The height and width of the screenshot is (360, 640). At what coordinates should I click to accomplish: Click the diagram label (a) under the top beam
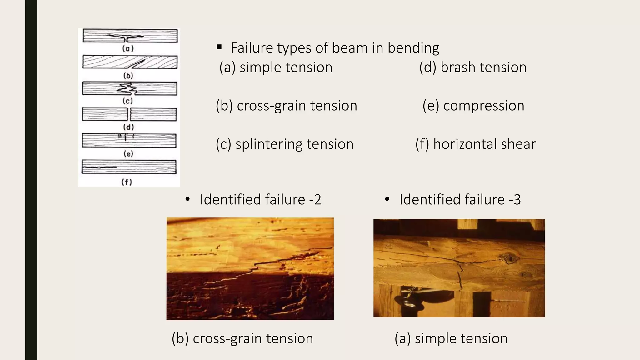128,48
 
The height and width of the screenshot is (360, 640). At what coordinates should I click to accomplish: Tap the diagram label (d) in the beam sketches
128,127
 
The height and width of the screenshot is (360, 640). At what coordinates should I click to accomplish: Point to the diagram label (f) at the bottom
127,182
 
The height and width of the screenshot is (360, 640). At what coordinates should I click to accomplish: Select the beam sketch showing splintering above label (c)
129,88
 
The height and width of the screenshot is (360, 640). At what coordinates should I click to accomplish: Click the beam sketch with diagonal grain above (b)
130,62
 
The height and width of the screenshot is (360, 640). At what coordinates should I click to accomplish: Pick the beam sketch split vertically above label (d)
129,114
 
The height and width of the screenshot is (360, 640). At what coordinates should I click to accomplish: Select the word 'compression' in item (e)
483,106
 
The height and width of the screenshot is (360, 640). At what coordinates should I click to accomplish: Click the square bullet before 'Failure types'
219,47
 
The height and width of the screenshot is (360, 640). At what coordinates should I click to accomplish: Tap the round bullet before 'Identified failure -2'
187,199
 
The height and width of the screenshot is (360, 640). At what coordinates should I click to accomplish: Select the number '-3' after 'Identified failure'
515,200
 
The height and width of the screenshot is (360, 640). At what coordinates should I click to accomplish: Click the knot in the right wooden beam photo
510,258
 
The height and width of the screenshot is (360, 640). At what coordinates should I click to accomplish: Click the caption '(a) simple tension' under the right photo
451,338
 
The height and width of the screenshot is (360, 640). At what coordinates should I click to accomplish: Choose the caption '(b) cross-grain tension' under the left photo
242,338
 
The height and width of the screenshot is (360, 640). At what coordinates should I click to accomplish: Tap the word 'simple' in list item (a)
258,67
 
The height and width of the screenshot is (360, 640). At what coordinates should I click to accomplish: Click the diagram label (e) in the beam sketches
128,154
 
